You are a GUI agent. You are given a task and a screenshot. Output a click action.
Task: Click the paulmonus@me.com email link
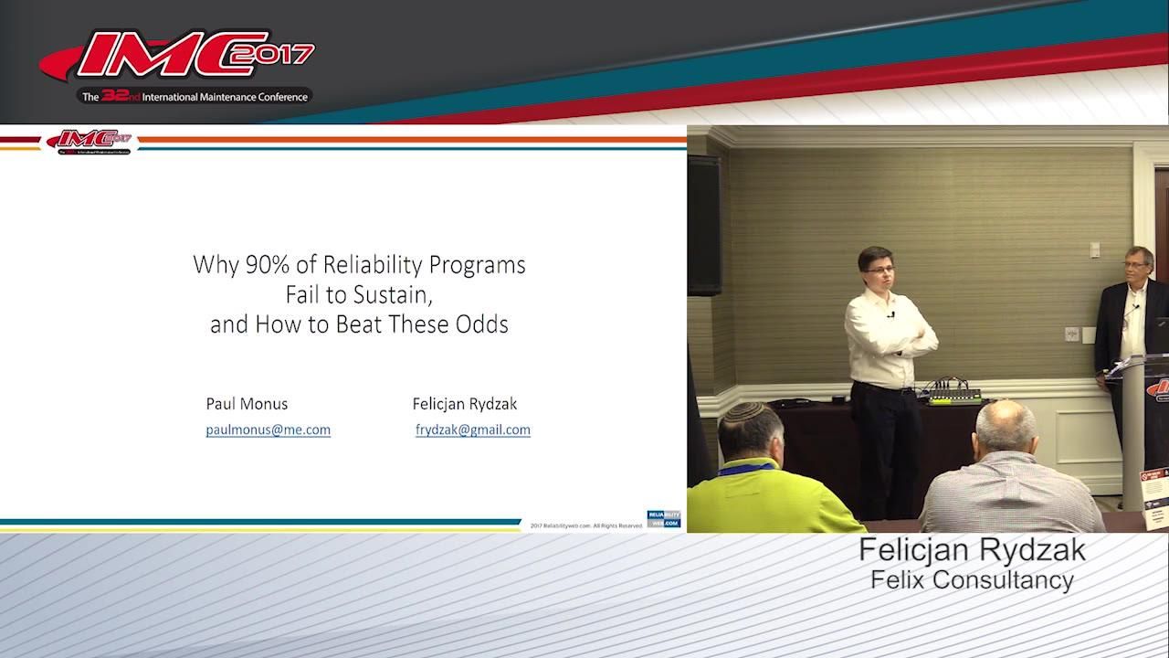pos(269,430)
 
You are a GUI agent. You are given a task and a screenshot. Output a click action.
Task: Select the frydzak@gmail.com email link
pos(473,430)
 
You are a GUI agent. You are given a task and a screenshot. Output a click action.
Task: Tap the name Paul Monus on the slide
pos(247,403)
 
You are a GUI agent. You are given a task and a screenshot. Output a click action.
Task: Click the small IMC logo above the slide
pos(90,141)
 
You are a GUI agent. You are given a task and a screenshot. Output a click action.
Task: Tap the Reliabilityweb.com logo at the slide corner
pos(663,519)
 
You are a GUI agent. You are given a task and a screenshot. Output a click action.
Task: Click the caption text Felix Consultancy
pos(972,579)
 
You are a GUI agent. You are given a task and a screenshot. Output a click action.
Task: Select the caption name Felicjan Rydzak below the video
pos(972,550)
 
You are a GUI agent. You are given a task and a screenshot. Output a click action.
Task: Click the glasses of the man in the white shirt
pos(879,270)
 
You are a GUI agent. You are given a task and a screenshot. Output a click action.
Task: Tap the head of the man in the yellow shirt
pos(750,430)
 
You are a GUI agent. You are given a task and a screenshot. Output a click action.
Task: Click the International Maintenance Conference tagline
pos(196,96)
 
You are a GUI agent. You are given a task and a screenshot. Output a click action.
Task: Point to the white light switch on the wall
pos(1094,249)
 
